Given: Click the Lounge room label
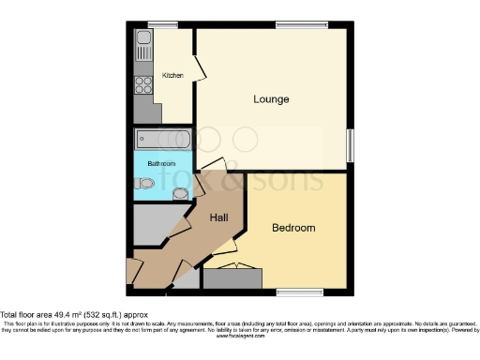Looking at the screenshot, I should coord(271,98).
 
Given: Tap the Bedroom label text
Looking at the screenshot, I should coord(293,228).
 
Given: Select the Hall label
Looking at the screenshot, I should coord(219,217).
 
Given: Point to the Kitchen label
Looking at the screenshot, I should coord(172,76).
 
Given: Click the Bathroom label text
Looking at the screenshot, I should coord(160,164).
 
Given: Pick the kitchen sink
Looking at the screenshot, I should coord(143,42).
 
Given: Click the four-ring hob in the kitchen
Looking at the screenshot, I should coord(144,86).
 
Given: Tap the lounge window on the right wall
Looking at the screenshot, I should coord(352,144).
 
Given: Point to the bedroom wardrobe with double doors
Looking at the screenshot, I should coord(232,278).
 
